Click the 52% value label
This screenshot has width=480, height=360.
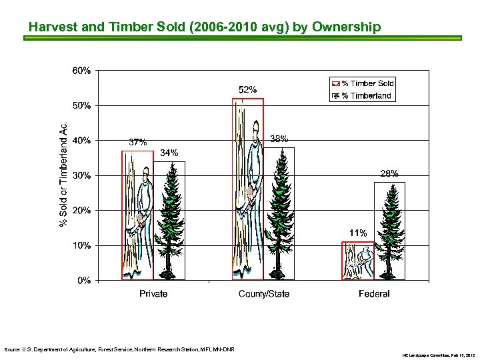click(247, 89)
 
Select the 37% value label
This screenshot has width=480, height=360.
click(137, 142)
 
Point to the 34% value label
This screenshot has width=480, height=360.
click(169, 153)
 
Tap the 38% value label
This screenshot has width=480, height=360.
click(279, 139)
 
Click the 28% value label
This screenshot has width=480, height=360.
click(389, 173)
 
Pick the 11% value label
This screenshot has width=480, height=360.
click(358, 233)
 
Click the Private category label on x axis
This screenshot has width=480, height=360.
click(153, 294)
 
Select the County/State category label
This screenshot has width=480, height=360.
click(264, 294)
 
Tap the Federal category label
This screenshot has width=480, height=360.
click(374, 294)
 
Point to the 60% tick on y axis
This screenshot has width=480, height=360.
click(81, 71)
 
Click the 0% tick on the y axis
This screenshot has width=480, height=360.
click(83, 281)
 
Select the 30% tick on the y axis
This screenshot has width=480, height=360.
click(81, 176)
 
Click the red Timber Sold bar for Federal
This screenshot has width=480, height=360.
click(357, 261)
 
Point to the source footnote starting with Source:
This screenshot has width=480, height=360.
click(119, 349)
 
